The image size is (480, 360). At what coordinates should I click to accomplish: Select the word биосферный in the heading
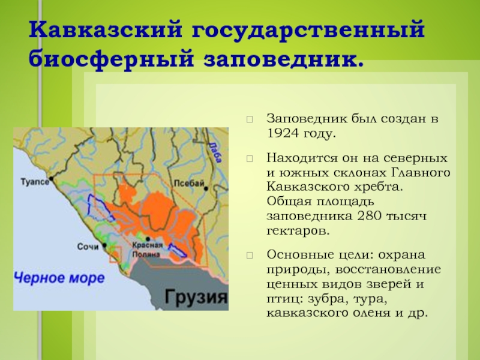[112, 58]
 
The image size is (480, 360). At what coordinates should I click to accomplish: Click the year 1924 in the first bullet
[283, 133]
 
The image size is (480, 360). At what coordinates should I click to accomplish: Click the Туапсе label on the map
[35, 182]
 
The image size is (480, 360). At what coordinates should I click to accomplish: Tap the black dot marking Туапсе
[52, 178]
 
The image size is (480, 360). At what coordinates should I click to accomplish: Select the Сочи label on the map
[88, 247]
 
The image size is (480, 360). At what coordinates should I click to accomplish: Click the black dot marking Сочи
[104, 245]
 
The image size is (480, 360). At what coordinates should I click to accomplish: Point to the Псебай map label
[189, 184]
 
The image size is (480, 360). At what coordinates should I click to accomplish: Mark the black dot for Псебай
[206, 188]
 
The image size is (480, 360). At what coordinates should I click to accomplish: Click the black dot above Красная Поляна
[148, 239]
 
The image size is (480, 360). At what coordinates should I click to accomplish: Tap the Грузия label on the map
[196, 296]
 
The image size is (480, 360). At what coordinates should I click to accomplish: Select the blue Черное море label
[59, 278]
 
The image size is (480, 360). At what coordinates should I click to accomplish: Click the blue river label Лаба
[215, 152]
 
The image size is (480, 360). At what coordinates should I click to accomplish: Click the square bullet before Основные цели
[250, 256]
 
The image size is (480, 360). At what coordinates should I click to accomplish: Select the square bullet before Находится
[250, 158]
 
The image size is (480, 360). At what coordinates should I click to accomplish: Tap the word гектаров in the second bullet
[298, 230]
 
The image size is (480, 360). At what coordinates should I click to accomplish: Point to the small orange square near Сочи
[115, 254]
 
